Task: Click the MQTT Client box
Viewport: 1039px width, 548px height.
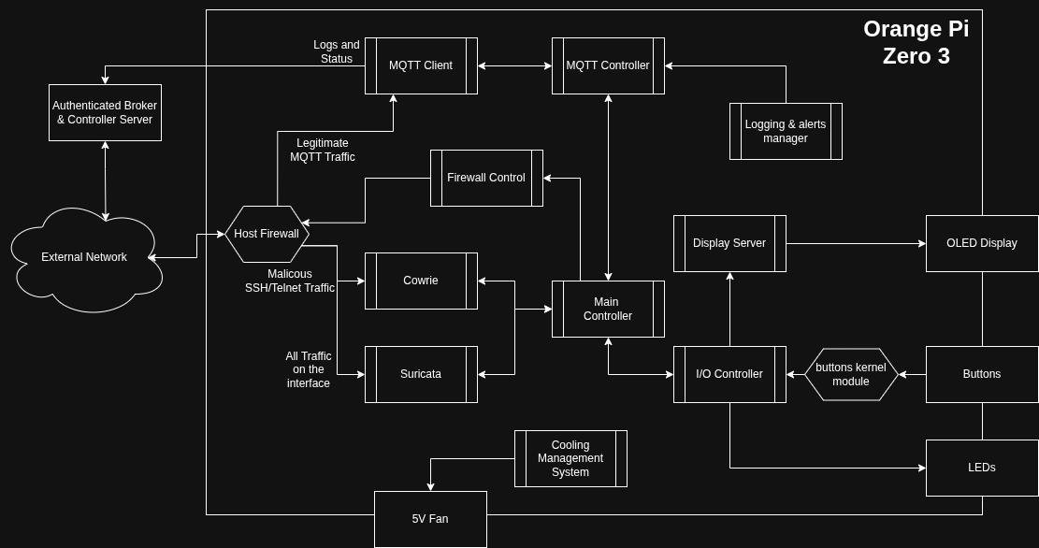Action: tap(421, 65)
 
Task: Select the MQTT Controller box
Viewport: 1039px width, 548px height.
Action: tap(608, 65)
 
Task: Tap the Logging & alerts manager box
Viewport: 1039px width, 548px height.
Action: tap(786, 131)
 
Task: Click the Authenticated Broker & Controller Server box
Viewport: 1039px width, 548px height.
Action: tap(105, 112)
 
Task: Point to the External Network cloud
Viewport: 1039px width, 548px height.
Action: tap(84, 257)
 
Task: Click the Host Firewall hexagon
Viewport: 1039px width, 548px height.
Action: tap(267, 234)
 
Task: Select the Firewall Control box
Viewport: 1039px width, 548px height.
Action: tap(486, 178)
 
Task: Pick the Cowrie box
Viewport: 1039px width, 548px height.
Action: tap(421, 281)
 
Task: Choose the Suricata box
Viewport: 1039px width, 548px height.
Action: tap(421, 374)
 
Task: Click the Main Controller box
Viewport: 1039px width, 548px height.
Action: tap(608, 309)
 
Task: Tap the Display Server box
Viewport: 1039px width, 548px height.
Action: tap(729, 243)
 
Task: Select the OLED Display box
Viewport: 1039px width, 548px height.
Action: tap(982, 243)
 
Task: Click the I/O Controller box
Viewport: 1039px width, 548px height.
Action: tap(729, 374)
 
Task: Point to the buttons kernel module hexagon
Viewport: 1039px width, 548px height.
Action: tap(851, 374)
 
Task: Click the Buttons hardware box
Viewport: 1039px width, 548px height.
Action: tap(982, 374)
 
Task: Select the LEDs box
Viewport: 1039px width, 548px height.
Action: tap(982, 468)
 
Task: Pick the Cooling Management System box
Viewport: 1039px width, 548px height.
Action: tap(570, 458)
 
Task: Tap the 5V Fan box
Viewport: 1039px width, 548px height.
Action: tap(430, 519)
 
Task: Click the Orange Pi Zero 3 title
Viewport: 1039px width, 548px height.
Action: tap(916, 42)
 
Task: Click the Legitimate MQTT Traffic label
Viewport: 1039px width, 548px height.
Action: tap(323, 150)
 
